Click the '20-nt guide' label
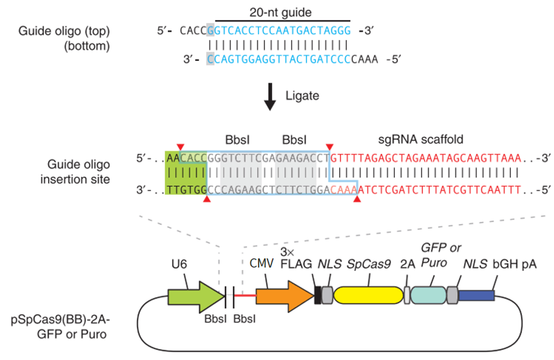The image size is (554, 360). click(x=282, y=12)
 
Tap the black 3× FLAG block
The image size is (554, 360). click(x=318, y=297)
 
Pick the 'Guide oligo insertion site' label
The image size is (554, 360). click(x=81, y=173)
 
